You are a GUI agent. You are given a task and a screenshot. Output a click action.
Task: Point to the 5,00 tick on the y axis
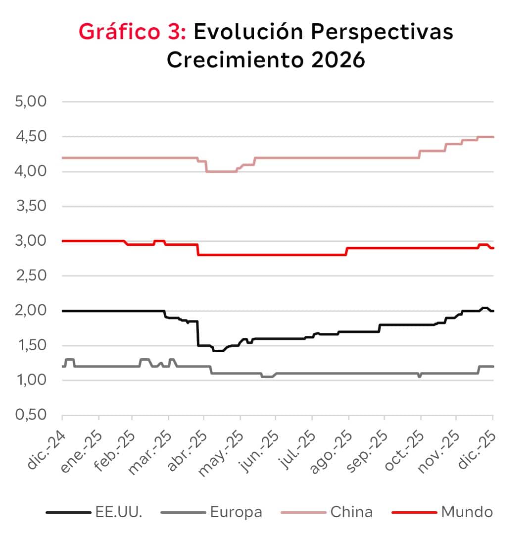31,102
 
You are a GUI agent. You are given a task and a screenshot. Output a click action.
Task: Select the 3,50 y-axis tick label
31,207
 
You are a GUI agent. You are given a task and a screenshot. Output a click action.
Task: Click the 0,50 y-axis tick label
31,415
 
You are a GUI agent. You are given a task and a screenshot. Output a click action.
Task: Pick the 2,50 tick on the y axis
31,276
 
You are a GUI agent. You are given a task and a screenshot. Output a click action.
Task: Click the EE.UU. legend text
118,511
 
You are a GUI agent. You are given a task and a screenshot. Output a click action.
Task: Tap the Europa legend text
236,511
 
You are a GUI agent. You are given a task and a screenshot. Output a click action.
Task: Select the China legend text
351,511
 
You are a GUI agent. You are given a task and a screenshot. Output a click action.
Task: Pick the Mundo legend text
467,511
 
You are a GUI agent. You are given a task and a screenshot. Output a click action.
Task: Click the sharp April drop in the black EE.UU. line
198,333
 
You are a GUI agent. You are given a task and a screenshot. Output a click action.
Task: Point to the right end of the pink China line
493,137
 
